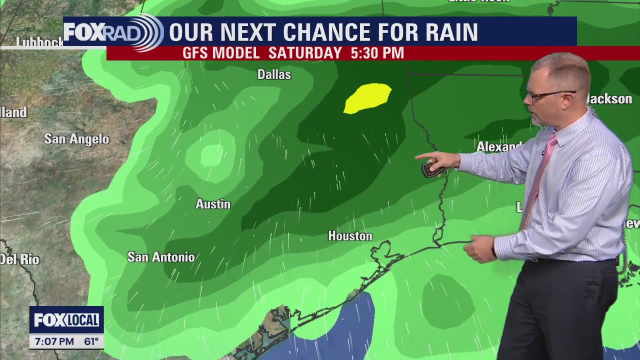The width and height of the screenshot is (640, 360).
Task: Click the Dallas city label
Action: click(274, 75)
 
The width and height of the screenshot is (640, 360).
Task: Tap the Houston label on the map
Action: click(350, 236)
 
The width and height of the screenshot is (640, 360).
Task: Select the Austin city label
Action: click(213, 204)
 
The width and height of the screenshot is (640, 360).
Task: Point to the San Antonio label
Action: click(161, 257)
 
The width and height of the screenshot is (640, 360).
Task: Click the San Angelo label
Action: click(76, 139)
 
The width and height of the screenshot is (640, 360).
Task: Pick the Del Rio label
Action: click(19, 259)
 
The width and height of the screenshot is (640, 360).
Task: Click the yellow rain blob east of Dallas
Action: click(368, 97)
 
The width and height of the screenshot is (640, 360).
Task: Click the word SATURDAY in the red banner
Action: click(305, 53)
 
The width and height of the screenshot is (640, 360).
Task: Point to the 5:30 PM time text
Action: click(377, 53)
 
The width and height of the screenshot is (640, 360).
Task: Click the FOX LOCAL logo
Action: click(66, 320)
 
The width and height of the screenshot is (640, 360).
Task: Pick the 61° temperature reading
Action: click(91, 342)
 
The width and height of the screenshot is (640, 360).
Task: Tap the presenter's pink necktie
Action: click(540, 175)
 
